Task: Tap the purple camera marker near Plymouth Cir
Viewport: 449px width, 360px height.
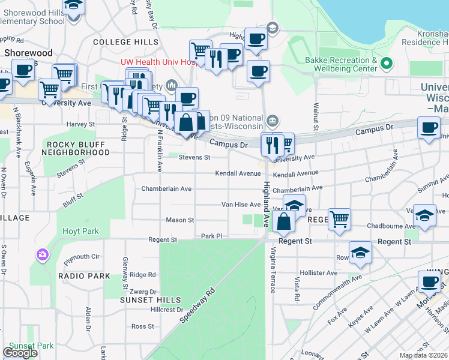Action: click(42, 254)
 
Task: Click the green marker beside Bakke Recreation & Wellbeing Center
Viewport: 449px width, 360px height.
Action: click(387, 62)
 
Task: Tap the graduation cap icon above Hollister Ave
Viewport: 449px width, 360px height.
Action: click(360, 253)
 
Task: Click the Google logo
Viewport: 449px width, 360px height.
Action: click(20, 353)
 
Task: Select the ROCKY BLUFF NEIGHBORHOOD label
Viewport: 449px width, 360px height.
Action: click(76, 148)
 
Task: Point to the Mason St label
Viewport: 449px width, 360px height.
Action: click(179, 220)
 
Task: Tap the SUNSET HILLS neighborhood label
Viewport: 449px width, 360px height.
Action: click(150, 299)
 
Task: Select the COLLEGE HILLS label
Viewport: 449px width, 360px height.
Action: click(125, 41)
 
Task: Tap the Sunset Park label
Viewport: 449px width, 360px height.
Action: click(31, 346)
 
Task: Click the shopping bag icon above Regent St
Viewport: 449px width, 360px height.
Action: click(283, 221)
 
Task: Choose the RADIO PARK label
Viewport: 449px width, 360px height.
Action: click(84, 275)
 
